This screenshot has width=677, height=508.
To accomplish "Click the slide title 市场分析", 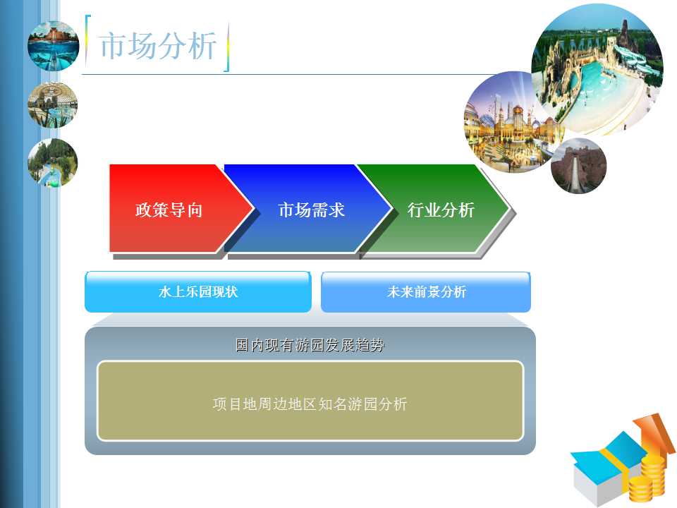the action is point(158,45).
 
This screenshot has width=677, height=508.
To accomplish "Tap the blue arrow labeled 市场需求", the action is point(311,208).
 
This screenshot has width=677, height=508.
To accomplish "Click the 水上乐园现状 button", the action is point(198,292).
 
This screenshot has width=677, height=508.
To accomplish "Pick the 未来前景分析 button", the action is point(426,292).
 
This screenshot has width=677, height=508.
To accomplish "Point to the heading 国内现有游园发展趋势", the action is point(310,345).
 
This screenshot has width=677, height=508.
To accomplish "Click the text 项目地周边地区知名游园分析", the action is point(310,404).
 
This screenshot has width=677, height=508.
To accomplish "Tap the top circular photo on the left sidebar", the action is point(53,46).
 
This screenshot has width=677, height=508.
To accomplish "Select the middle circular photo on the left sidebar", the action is point(53,104).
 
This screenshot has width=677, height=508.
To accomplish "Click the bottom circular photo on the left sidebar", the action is point(53,163).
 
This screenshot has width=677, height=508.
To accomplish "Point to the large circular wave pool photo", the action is point(598,69).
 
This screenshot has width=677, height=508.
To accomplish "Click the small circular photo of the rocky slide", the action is point(578,166).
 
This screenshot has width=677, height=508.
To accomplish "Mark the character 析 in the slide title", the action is point(202,45).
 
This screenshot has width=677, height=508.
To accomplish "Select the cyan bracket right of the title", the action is point(226,47).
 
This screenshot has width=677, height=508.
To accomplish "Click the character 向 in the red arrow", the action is point(195,210).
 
